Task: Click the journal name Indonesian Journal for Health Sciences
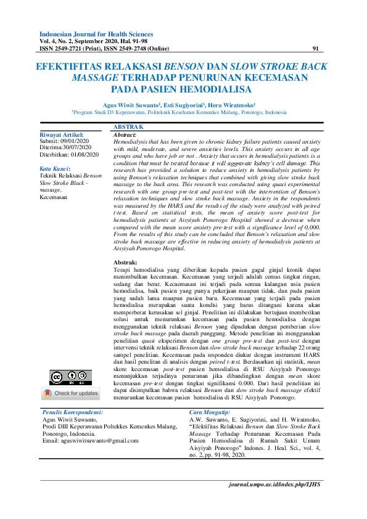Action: click(96, 35)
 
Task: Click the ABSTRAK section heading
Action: click(128, 126)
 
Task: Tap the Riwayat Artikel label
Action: click(61, 134)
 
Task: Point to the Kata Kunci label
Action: click(55, 168)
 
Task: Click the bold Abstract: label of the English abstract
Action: click(125, 134)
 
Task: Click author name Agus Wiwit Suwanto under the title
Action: click(132, 105)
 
